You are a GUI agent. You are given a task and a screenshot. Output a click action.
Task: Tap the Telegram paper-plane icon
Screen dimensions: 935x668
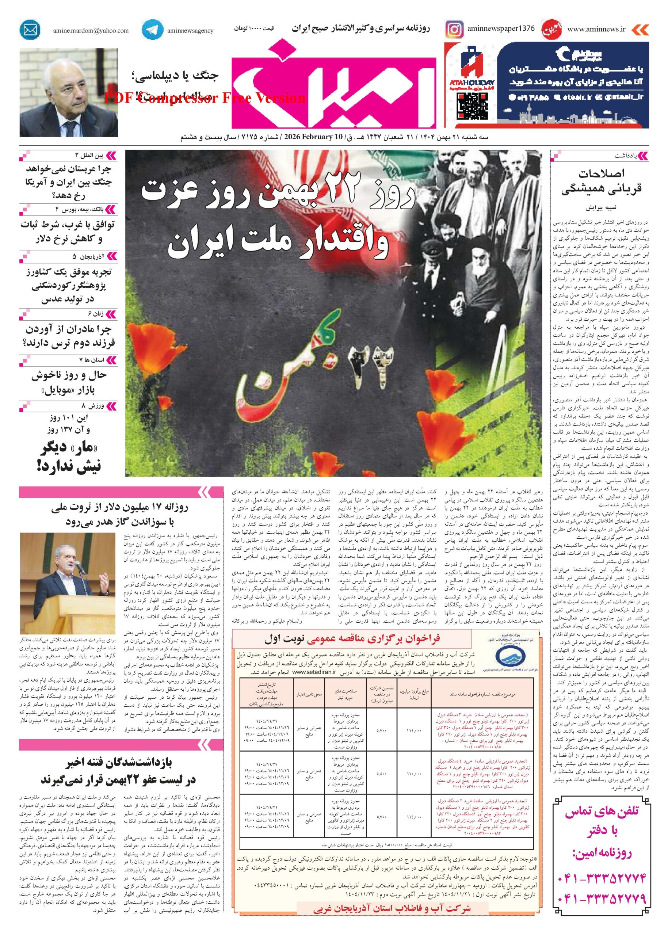tap(152, 30)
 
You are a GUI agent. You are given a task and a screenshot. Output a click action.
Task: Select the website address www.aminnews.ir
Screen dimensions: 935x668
tap(596, 29)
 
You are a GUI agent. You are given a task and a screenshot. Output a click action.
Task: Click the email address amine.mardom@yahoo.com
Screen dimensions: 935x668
tap(91, 30)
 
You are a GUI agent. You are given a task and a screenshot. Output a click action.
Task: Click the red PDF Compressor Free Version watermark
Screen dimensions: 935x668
tap(205, 98)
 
